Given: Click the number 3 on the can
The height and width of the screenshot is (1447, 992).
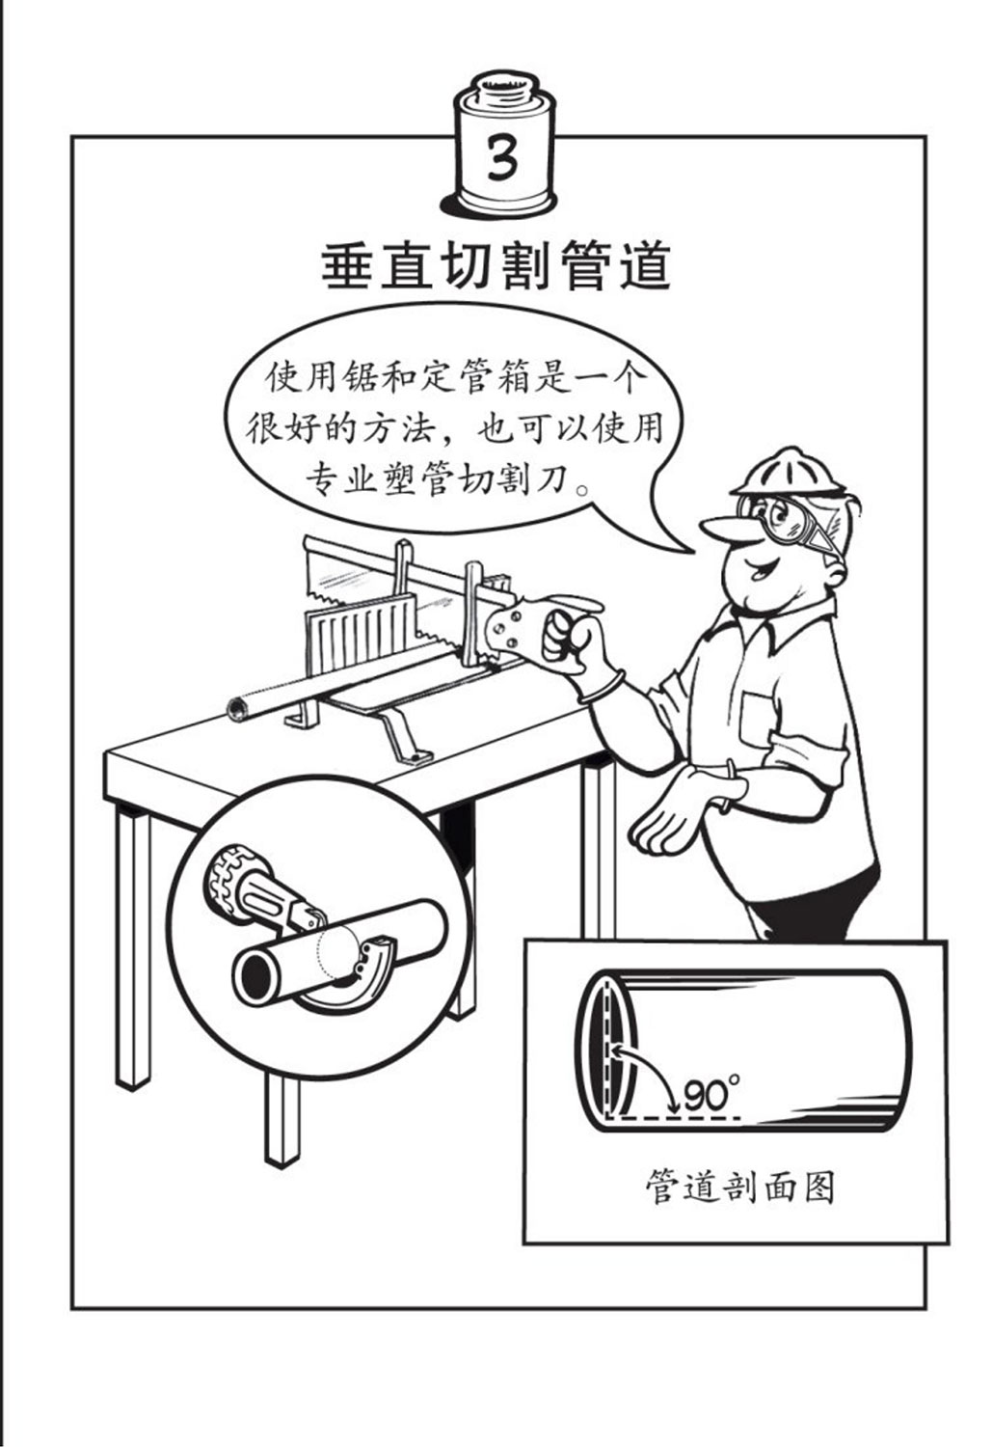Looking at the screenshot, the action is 501,158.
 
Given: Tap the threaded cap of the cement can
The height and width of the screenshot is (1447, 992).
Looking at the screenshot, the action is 505,86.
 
